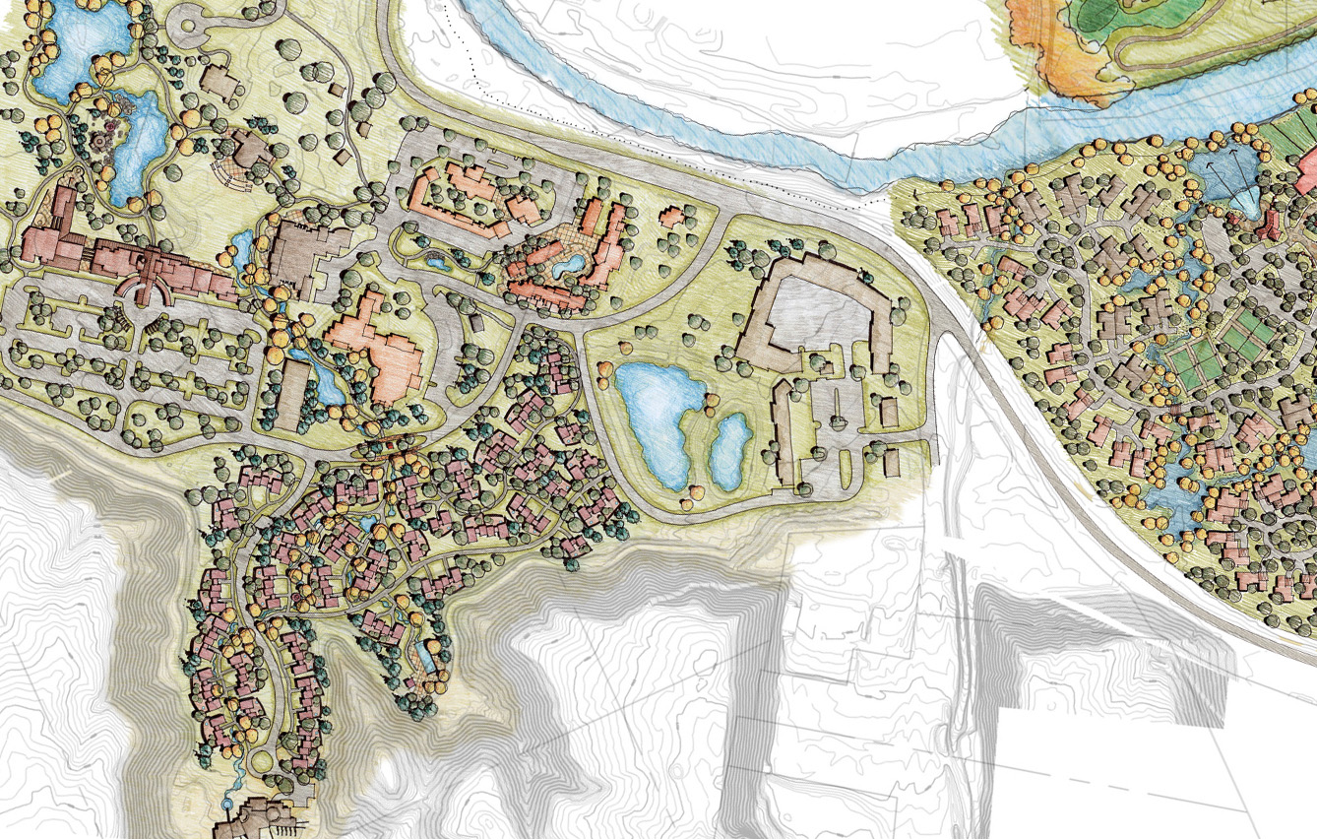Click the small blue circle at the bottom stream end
(x=229, y=805)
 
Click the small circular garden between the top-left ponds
(x=105, y=142)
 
